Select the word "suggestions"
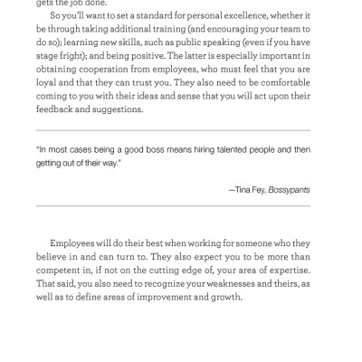(114, 110)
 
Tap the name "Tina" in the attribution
(251, 189)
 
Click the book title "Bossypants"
(290, 189)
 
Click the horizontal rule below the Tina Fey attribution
(181, 207)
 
